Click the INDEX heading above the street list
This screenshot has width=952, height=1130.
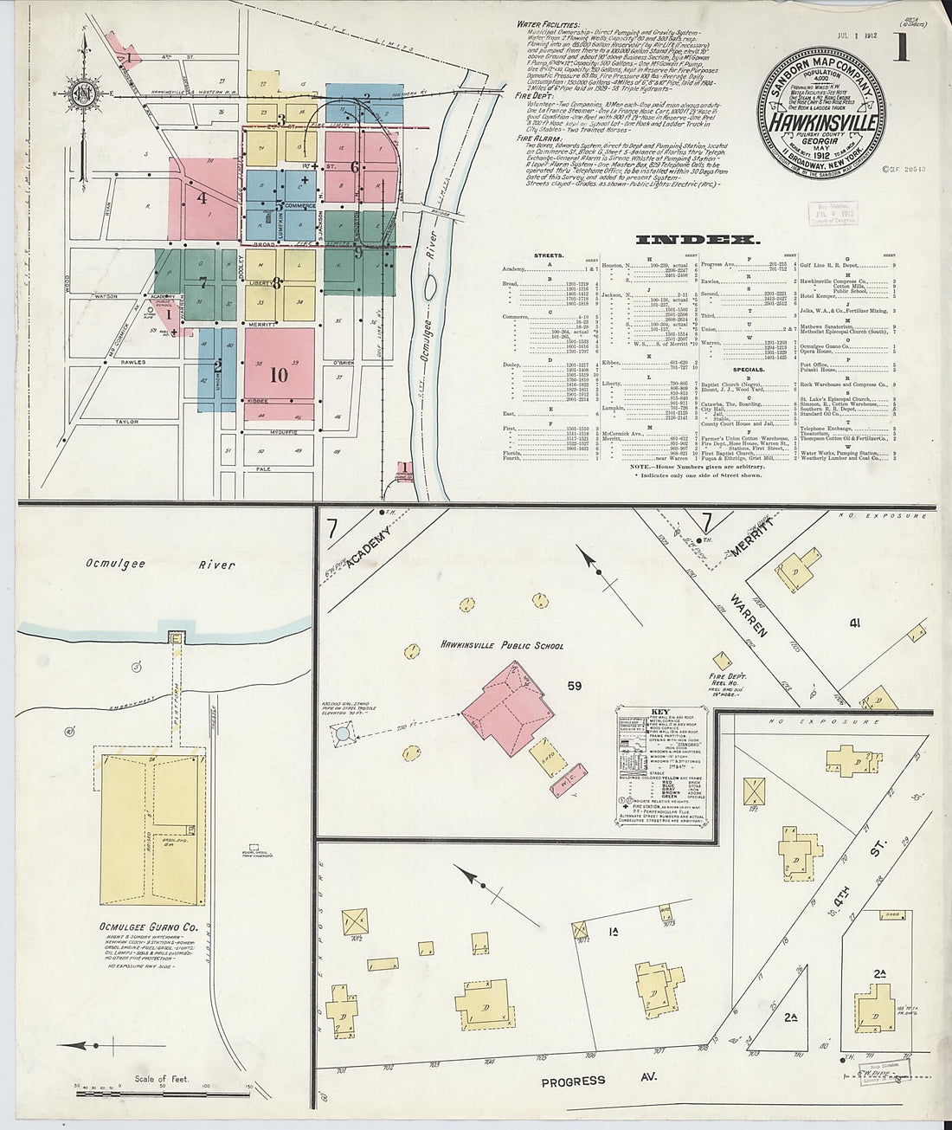pos(698,240)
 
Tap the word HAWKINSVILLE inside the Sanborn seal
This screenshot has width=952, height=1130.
pos(823,124)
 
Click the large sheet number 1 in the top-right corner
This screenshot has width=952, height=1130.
pos(901,46)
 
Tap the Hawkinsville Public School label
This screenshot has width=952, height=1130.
pos(501,645)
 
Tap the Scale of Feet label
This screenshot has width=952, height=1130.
pos(161,1080)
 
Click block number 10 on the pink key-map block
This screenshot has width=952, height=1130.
pos(279,375)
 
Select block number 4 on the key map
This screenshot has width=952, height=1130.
pos(203,197)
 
